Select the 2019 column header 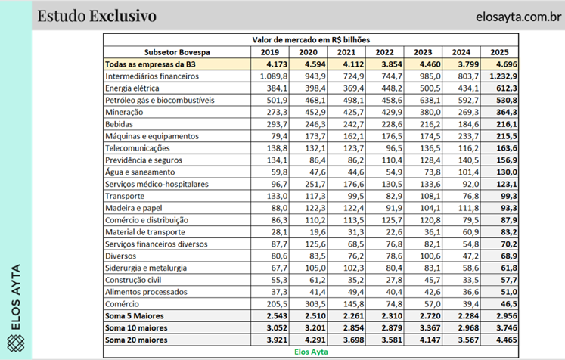(269, 53)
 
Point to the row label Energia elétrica (133, 88)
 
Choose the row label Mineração (126, 112)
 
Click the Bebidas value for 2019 (269, 124)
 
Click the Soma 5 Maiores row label (136, 315)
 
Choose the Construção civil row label (135, 279)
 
